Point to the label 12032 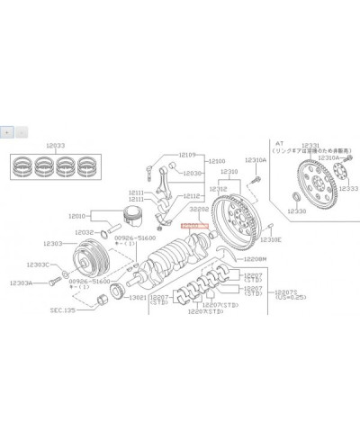click(x=84, y=232)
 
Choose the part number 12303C click(x=38, y=265)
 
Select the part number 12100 click(x=218, y=161)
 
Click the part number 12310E click(x=271, y=240)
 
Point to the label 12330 click(x=296, y=211)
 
